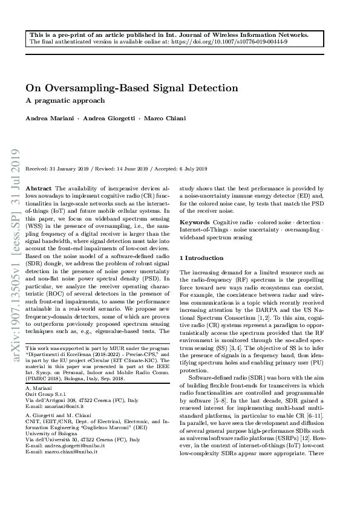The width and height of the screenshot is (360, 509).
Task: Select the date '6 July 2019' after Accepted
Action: [x=195, y=169]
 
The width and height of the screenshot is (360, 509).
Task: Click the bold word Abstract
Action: [x=40, y=189]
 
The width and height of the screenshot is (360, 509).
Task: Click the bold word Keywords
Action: [x=195, y=222]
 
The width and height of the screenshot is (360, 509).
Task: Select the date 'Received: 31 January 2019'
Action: [x=58, y=169]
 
